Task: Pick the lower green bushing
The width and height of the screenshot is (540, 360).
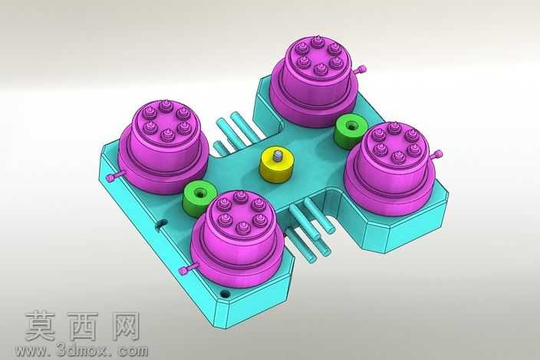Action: point(199,198)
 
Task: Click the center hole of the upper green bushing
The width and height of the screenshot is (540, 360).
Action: point(351,126)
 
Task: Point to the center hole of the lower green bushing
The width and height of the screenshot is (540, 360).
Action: point(199,192)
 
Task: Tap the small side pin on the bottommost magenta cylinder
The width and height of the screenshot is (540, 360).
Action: point(188,269)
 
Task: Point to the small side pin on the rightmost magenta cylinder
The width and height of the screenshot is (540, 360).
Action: point(436,155)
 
